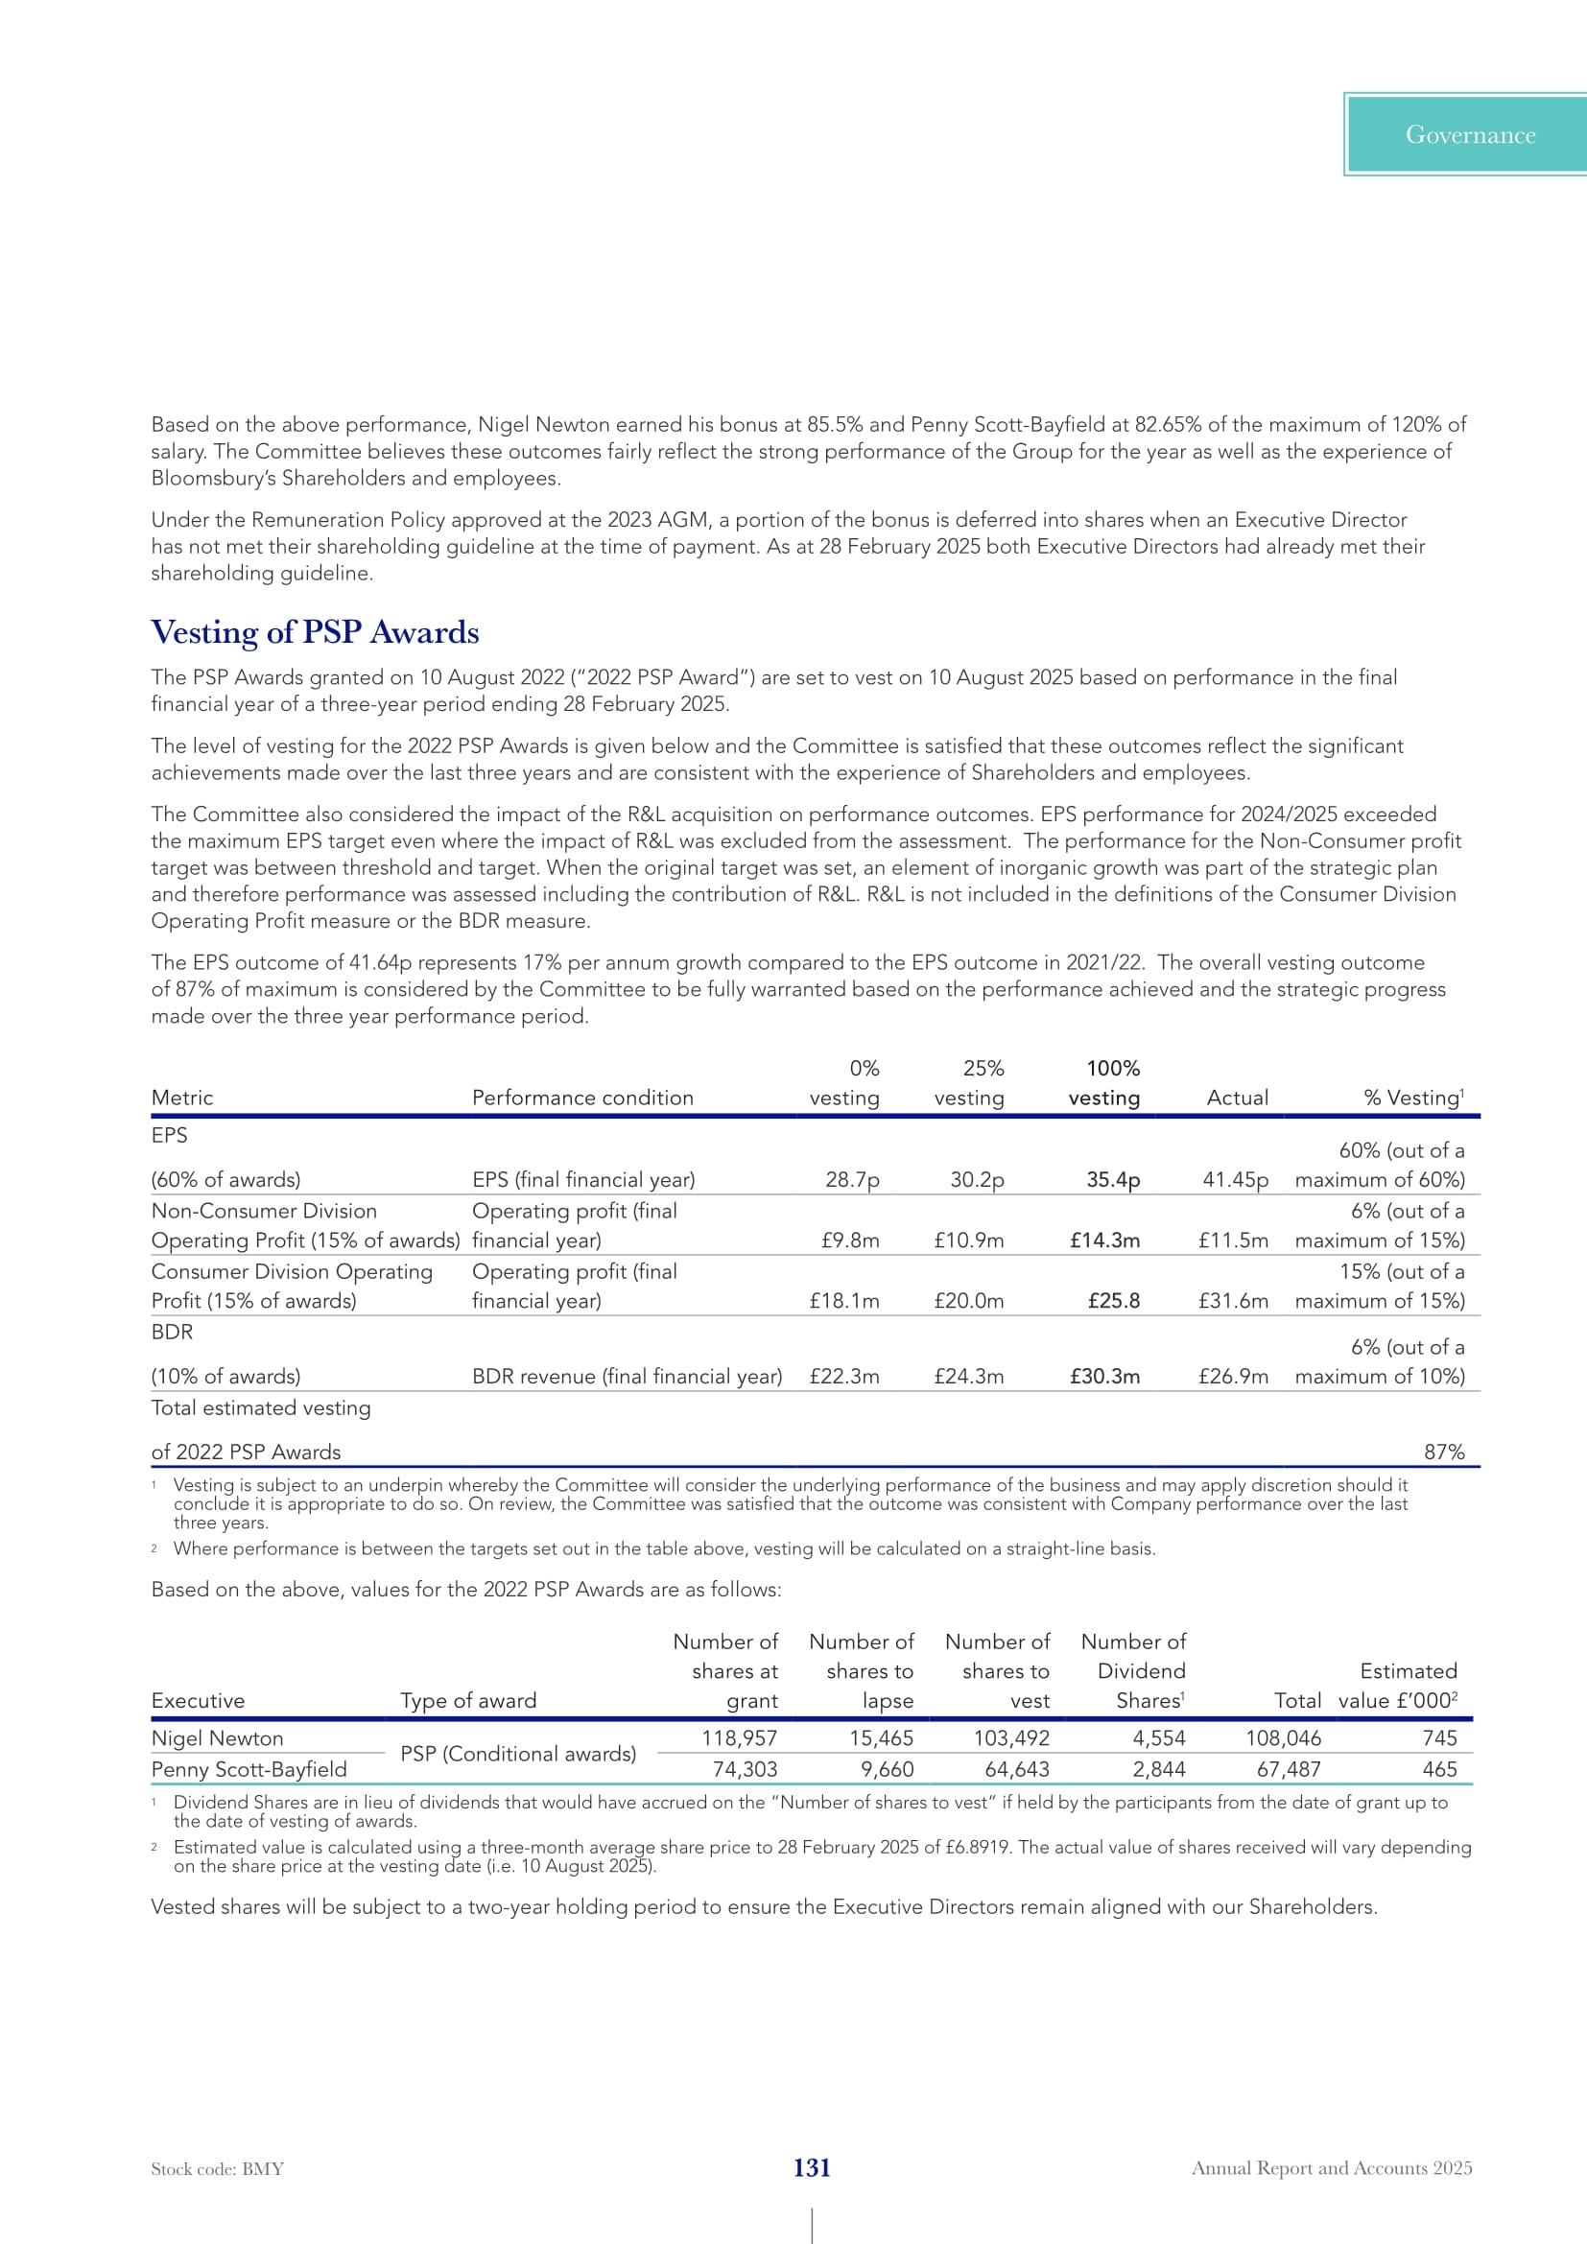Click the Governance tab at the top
(1469, 135)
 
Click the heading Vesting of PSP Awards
(315, 632)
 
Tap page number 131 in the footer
(811, 2168)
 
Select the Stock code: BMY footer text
(217, 2169)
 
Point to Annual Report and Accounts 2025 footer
(1331, 2168)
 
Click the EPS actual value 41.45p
(1234, 1180)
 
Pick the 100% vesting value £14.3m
(1104, 1240)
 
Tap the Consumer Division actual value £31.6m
(1232, 1301)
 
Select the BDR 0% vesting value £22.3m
(844, 1376)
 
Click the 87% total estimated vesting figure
(1443, 1452)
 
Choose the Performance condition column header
(582, 1098)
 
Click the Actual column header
(1237, 1098)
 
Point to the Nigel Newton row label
(217, 1738)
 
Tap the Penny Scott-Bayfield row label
(249, 1769)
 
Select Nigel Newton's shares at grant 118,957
(739, 1738)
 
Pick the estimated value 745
(1439, 1738)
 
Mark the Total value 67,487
(1288, 1769)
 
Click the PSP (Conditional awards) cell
(518, 1754)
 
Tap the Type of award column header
(468, 1701)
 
